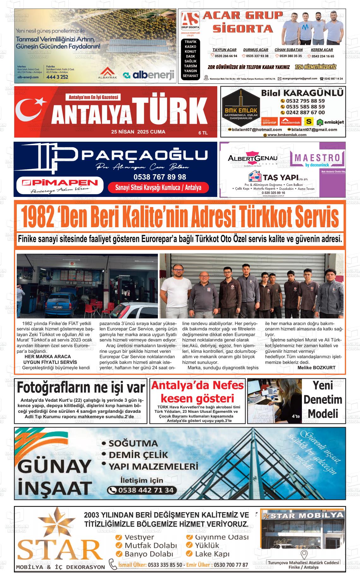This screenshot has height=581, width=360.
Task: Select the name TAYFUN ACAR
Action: (224, 50)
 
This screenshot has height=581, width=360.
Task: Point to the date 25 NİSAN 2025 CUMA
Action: (138, 132)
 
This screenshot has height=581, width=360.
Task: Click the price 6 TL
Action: (203, 133)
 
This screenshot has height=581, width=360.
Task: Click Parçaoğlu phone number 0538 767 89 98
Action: (160, 177)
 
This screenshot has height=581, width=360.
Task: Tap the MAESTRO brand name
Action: (317, 157)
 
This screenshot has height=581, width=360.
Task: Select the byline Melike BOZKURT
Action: (316, 368)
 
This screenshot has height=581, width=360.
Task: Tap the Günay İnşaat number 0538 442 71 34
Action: (146, 490)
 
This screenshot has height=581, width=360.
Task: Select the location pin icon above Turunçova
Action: (304, 554)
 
